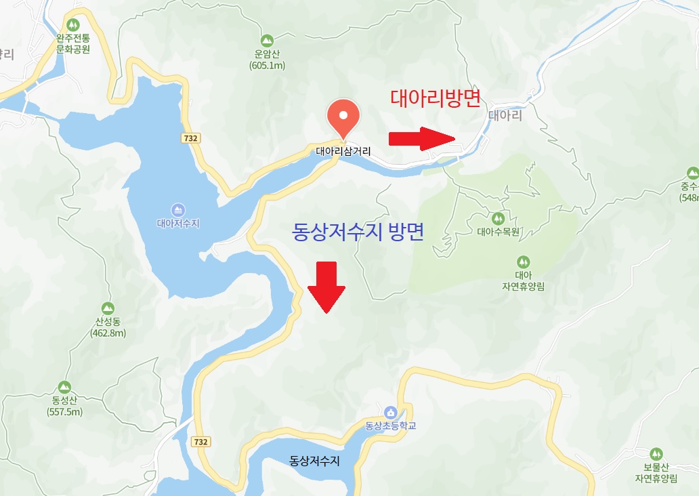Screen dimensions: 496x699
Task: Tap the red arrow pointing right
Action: coord(422,138)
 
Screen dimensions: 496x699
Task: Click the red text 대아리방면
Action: coord(436,98)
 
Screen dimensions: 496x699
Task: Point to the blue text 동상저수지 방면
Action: coord(358,233)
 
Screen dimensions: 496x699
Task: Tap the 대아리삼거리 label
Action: coord(343,152)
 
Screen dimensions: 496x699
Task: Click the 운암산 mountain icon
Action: coord(267,41)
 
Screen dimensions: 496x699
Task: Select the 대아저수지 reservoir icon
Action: coord(177,209)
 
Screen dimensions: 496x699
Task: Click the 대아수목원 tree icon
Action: coord(498,218)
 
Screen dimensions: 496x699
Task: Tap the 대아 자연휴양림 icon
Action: coord(523,262)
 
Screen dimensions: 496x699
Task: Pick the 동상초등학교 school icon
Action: coord(389,412)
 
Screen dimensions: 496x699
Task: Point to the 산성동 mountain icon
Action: coord(108,308)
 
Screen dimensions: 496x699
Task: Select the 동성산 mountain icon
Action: coord(64,387)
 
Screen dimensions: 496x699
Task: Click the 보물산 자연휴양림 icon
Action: coord(655,454)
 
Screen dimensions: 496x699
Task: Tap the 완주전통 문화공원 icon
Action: coord(73,26)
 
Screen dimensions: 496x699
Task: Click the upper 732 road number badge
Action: coord(190,138)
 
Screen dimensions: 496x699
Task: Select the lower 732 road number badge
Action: coord(201,442)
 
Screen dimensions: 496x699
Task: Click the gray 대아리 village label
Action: coord(505,116)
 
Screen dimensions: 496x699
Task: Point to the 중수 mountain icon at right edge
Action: coord(692,173)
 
